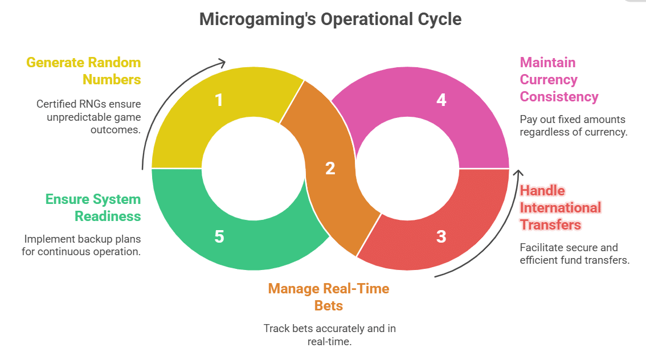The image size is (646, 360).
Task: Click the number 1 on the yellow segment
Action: tap(219, 100)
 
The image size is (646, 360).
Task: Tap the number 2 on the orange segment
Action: tap(330, 169)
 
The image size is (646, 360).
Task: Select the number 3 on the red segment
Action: tap(441, 236)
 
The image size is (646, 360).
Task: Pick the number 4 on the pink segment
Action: tap(440, 100)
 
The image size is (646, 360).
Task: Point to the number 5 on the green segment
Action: tap(219, 236)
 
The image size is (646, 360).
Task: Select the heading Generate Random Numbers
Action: tap(84, 71)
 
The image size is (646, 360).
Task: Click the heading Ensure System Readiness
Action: tap(93, 207)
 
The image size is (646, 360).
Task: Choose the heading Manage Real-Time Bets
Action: tap(329, 297)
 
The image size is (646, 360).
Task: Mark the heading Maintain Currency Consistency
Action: tap(559, 79)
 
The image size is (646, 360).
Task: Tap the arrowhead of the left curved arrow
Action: tap(220, 62)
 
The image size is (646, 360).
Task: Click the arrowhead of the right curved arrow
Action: tap(518, 174)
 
